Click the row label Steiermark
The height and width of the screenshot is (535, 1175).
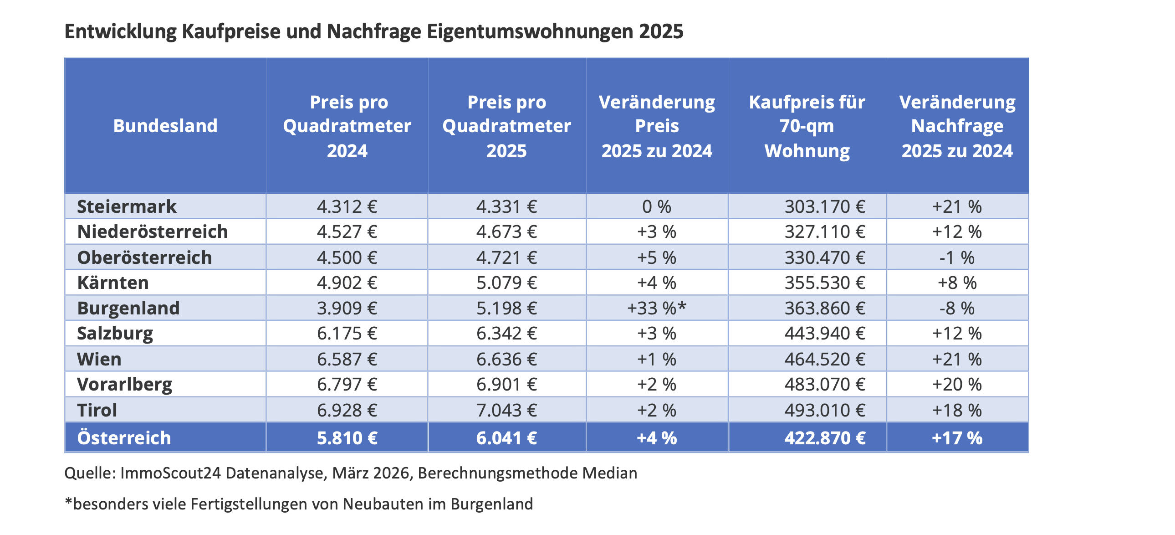click(x=126, y=207)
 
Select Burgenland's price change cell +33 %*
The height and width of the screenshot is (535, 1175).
click(x=656, y=309)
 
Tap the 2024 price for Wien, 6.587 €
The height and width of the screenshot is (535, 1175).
click(x=347, y=360)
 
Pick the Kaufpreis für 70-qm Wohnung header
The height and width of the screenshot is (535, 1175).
click(x=807, y=126)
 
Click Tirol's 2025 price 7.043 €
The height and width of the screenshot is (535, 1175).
click(x=506, y=411)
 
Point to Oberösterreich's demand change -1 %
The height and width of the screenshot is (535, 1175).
click(x=956, y=258)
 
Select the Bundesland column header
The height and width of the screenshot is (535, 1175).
click(x=165, y=126)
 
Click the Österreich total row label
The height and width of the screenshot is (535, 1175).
click(x=124, y=438)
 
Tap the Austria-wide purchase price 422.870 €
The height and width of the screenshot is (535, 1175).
click(x=825, y=438)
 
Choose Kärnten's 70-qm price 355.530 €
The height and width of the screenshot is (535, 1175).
click(x=825, y=283)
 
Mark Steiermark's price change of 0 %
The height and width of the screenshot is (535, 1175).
click(x=656, y=207)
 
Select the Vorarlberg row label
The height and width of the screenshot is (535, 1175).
click(x=124, y=385)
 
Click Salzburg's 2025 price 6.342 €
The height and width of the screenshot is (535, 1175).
click(x=506, y=334)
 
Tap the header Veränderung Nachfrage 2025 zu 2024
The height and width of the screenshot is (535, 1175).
click(x=957, y=126)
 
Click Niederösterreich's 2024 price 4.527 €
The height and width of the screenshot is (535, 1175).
click(x=347, y=232)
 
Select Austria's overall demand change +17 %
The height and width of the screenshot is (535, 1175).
click(x=956, y=438)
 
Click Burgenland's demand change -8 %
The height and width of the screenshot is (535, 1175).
click(x=956, y=309)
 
